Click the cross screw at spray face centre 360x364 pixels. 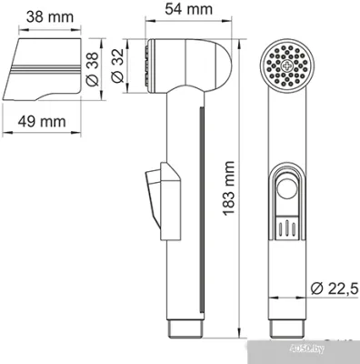coord(289,66)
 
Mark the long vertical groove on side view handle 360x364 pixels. coord(196,209)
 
